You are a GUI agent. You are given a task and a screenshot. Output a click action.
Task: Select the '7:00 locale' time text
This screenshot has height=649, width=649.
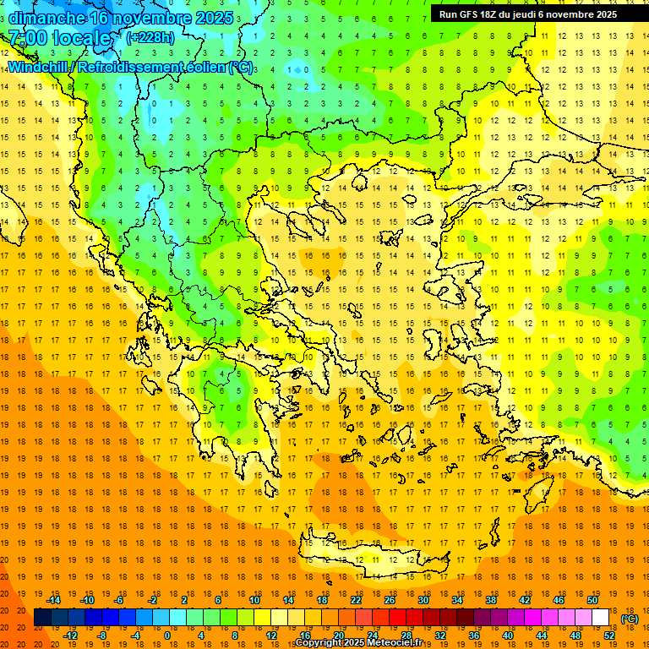(x=59, y=38)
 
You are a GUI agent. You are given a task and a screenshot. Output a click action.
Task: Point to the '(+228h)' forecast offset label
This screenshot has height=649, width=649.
(x=150, y=37)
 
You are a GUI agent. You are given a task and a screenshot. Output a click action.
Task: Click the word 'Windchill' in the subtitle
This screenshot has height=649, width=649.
(x=39, y=67)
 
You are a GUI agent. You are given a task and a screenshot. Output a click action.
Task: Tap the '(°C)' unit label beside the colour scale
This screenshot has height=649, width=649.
(x=630, y=619)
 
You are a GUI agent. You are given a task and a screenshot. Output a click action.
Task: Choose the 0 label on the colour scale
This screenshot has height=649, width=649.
(x=167, y=635)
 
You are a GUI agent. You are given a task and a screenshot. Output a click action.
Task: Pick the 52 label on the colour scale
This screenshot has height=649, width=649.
(x=609, y=635)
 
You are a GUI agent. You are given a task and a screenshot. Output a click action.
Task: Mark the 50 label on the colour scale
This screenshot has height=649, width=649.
(x=592, y=600)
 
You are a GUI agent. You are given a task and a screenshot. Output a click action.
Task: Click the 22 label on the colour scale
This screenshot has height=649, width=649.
(x=356, y=600)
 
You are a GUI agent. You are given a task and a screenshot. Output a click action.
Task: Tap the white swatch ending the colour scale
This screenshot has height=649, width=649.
(x=601, y=618)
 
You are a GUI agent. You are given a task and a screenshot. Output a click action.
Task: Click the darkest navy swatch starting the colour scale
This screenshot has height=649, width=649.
(x=42, y=618)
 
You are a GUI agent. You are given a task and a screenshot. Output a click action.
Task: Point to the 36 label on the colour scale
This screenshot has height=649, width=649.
(x=474, y=635)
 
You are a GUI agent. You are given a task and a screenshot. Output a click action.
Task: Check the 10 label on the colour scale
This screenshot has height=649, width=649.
(x=254, y=600)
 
